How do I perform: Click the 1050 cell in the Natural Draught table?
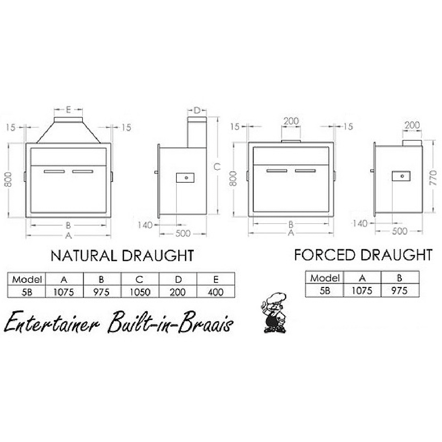click(x=140, y=292)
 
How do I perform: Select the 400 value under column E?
click(x=216, y=292)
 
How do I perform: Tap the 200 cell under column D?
click(x=178, y=292)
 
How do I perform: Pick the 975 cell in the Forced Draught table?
click(x=400, y=291)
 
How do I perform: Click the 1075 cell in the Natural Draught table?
click(x=64, y=292)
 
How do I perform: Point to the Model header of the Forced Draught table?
click(x=325, y=278)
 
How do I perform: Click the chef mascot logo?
click(x=274, y=312)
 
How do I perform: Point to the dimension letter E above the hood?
click(x=68, y=110)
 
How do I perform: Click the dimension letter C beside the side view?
click(x=217, y=167)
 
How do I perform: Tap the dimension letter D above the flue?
click(x=197, y=110)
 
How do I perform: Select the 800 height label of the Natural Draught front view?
click(x=8, y=179)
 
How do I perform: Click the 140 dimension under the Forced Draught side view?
click(x=360, y=223)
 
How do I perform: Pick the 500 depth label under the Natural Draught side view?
click(x=183, y=233)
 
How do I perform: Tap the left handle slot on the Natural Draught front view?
click(x=55, y=171)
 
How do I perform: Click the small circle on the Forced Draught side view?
click(x=402, y=176)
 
